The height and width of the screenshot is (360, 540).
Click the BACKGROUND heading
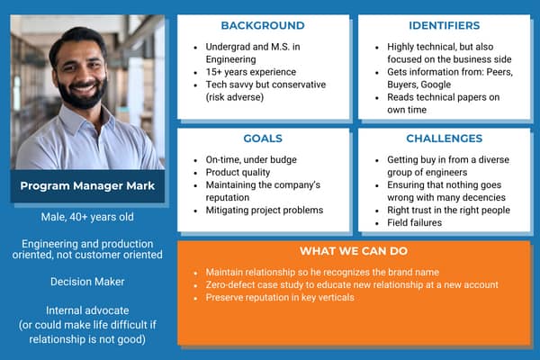point(263,25)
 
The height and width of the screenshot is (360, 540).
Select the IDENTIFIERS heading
point(444,25)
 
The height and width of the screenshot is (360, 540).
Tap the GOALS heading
point(263,139)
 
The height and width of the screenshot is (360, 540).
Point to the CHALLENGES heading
point(444,139)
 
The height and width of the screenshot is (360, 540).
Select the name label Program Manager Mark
point(88,187)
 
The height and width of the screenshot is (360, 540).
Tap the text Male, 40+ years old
point(88,217)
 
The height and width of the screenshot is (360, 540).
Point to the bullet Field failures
point(415,223)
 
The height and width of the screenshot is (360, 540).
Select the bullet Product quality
point(234,172)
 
